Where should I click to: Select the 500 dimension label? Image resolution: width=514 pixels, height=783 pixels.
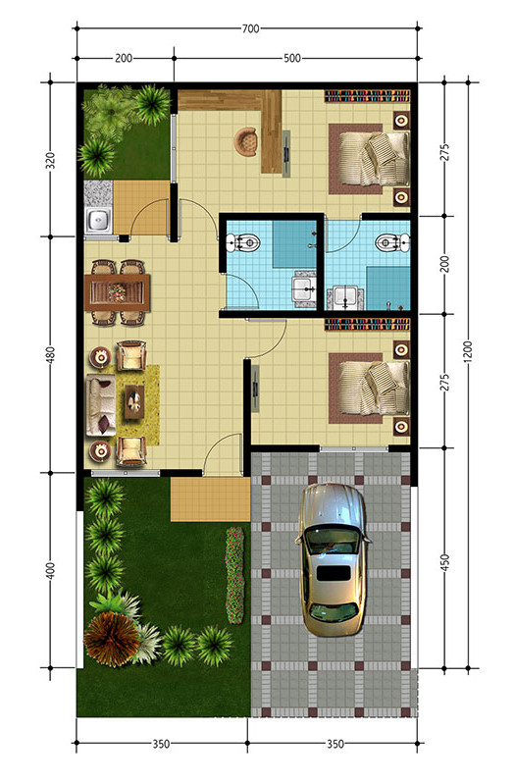pos(291,59)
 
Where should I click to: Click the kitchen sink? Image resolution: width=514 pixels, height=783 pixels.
pos(99,220)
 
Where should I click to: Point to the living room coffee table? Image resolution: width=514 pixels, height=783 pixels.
pos(134,399)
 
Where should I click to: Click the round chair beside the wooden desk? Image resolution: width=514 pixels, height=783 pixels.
pos(244,140)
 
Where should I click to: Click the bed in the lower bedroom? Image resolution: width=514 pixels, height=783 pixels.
pos(374,386)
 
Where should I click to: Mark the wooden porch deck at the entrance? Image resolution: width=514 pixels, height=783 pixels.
pos(211,500)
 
